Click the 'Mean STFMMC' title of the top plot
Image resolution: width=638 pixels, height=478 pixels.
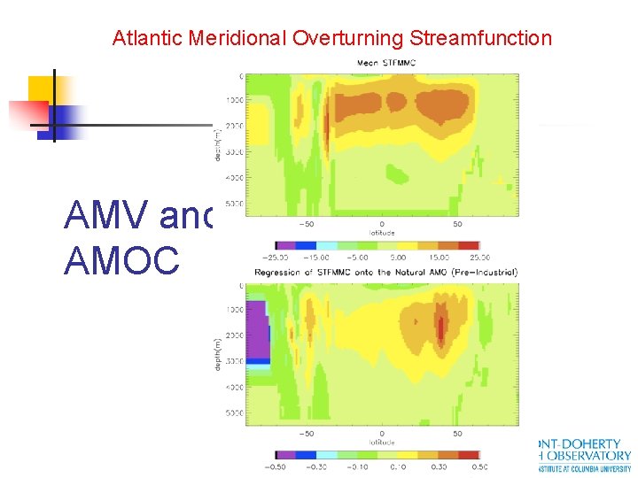(x=386, y=63)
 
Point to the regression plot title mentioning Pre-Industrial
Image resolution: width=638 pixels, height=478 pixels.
(x=386, y=272)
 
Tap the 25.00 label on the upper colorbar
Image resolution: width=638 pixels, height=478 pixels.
(x=479, y=258)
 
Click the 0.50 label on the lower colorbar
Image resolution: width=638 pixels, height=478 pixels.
(x=479, y=466)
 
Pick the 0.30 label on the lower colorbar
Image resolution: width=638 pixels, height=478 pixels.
(x=439, y=466)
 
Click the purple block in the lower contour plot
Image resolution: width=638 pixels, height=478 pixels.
(x=257, y=332)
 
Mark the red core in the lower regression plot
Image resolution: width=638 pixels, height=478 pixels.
(x=440, y=327)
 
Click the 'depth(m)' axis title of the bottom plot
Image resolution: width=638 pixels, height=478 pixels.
(x=218, y=353)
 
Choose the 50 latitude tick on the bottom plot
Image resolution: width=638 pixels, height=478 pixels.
(x=456, y=434)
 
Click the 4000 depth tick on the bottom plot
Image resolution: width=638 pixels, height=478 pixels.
(x=233, y=388)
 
